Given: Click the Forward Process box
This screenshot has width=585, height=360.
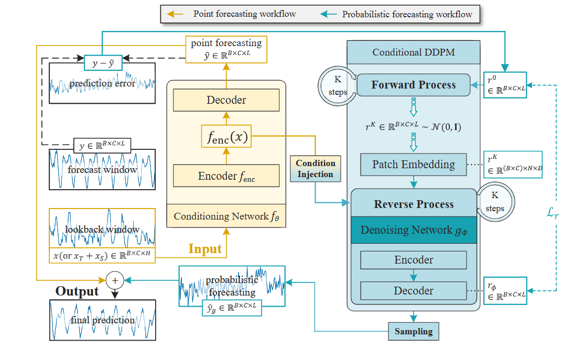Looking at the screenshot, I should click(x=414, y=85).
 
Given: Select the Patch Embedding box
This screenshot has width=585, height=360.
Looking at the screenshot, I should click(x=414, y=165).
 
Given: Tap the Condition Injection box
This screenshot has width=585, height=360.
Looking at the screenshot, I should click(x=315, y=169).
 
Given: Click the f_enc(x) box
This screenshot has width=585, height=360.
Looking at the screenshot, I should click(x=226, y=138).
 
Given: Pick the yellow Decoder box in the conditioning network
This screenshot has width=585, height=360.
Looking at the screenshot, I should click(x=226, y=100).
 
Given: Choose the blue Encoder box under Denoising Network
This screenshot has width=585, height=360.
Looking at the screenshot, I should click(x=414, y=260).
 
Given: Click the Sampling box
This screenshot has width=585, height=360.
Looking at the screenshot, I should click(x=414, y=331).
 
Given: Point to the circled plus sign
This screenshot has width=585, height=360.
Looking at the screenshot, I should click(x=114, y=280).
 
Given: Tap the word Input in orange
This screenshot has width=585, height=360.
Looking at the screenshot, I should click(x=205, y=249).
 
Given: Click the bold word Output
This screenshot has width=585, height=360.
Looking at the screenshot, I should click(x=77, y=291).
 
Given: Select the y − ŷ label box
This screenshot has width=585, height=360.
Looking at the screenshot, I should click(x=103, y=63).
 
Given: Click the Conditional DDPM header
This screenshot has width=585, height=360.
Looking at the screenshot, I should click(x=414, y=52).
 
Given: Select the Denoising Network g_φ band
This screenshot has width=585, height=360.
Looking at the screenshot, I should click(x=414, y=230).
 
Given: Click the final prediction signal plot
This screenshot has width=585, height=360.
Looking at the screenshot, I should click(x=102, y=320).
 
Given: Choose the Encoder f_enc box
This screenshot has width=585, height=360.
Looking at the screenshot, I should click(x=226, y=177).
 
